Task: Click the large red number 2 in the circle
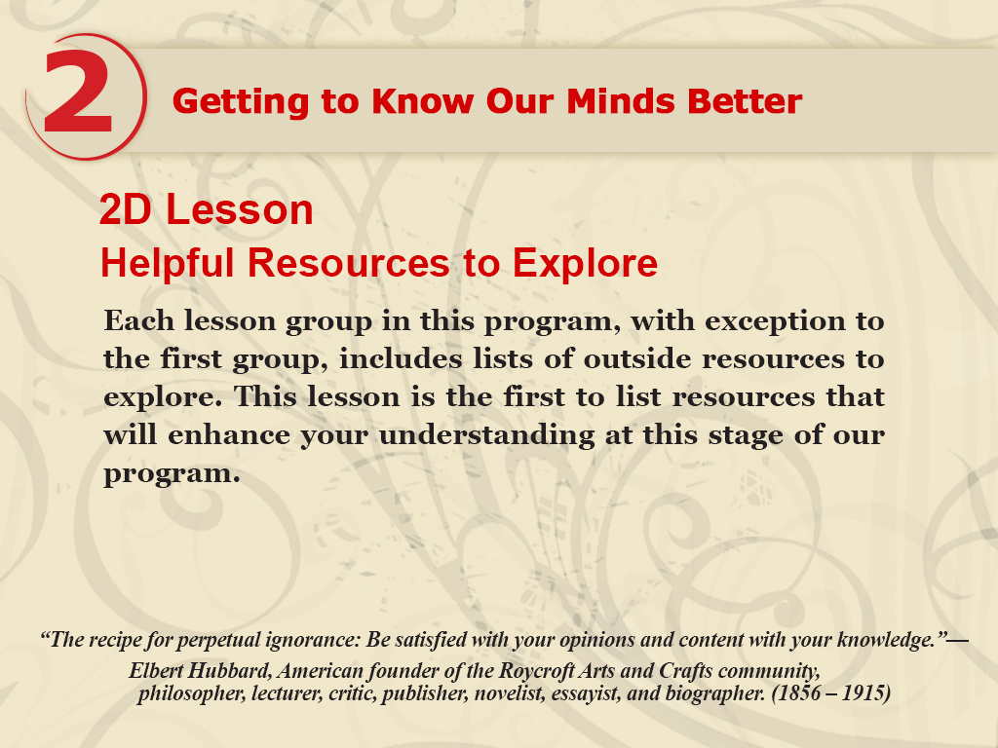click(x=78, y=92)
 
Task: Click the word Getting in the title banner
click(x=242, y=102)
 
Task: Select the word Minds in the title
click(x=621, y=101)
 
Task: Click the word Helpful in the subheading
click(x=168, y=263)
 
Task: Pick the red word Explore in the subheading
click(x=585, y=263)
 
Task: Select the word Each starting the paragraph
click(x=138, y=319)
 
